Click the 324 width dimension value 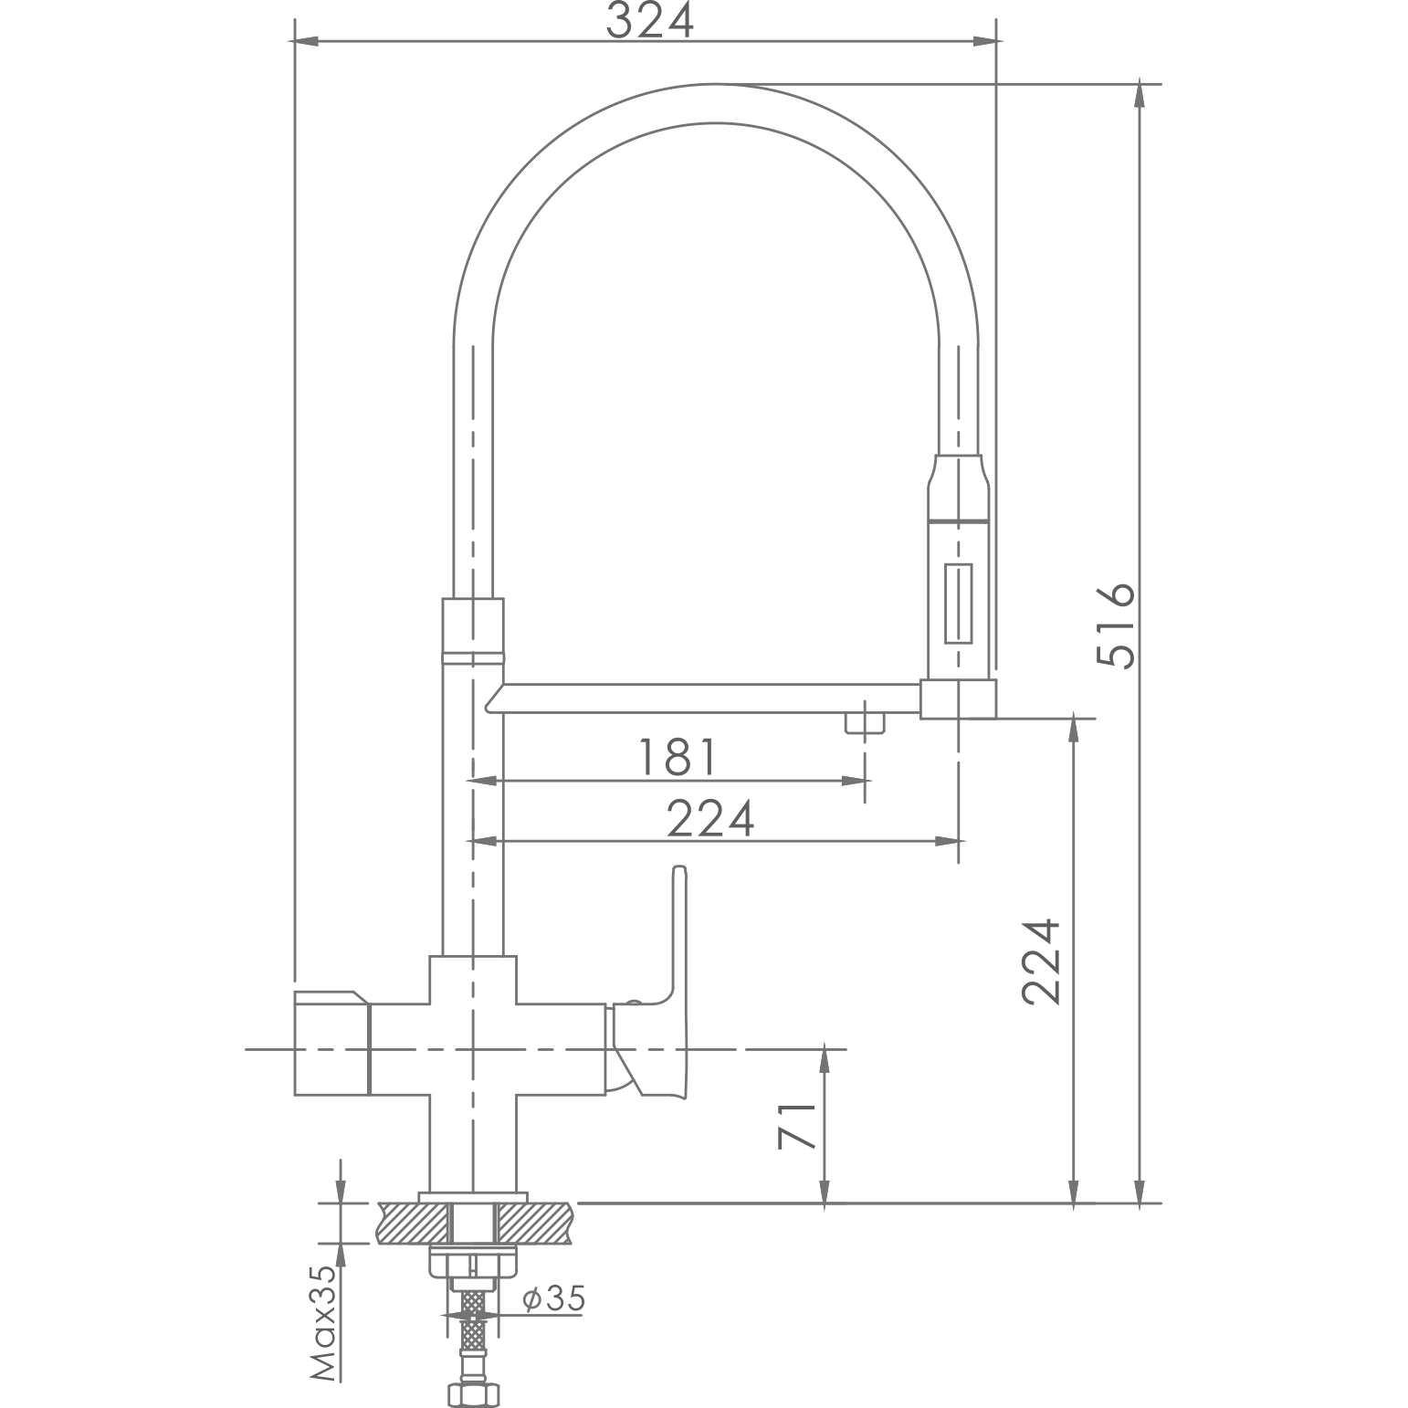649,20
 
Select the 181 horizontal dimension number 677,757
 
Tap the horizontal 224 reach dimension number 710,818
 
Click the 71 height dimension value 795,1126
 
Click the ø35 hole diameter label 553,1299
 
